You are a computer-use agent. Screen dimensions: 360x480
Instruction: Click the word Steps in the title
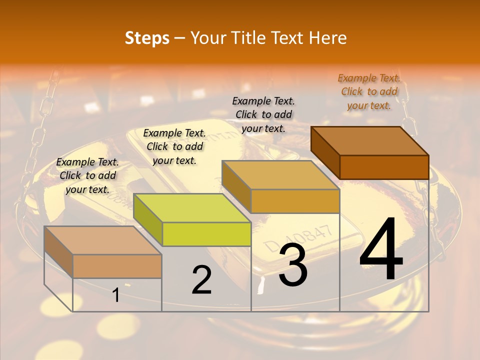click(147, 38)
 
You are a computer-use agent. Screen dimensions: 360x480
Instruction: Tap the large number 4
click(381, 250)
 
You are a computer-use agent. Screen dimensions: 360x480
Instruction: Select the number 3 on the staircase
click(292, 265)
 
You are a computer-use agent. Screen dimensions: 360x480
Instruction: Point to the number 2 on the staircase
click(201, 280)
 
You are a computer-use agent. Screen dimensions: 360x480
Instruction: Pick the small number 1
click(115, 295)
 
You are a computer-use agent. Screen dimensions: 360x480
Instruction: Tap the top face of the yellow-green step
click(192, 208)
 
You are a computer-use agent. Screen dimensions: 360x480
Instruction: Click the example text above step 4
click(369, 91)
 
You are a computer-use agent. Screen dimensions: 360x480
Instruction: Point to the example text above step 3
click(263, 114)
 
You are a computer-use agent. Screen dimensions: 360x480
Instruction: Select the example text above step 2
click(174, 146)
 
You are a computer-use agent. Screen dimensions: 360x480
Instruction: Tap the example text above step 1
click(87, 175)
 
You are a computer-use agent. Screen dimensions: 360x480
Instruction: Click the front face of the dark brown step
click(384, 167)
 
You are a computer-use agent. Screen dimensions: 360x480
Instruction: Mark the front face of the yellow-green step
click(206, 234)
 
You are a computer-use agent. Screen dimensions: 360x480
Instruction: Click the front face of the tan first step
click(117, 266)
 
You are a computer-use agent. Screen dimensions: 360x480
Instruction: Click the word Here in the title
click(328, 38)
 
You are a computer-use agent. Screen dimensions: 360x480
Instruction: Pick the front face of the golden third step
click(295, 201)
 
